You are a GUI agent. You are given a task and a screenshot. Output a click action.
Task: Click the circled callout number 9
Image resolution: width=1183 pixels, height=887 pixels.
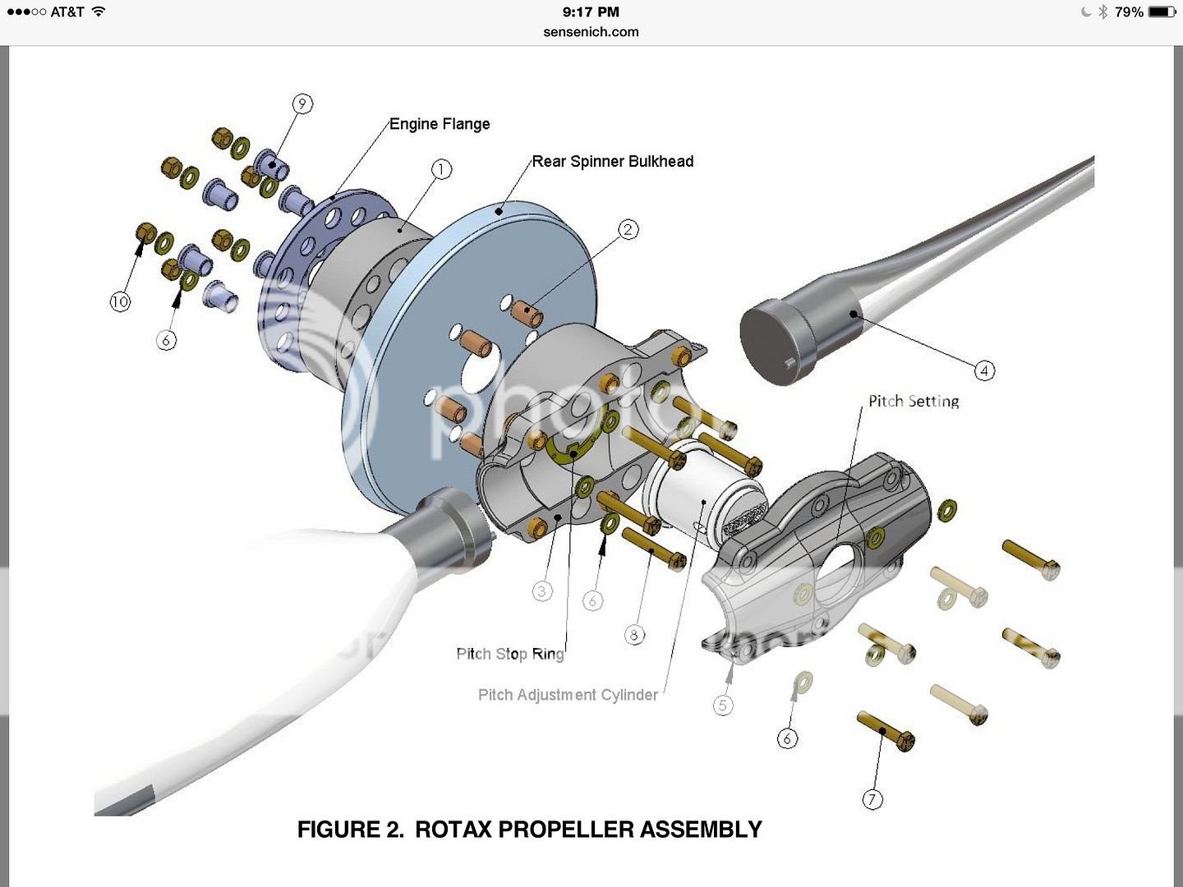(302, 103)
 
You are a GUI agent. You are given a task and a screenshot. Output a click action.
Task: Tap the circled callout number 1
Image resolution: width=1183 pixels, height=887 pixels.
(441, 169)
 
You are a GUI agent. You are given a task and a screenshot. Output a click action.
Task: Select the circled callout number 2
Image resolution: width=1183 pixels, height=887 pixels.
(628, 229)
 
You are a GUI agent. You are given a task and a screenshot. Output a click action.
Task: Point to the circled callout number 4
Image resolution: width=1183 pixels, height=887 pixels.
(984, 370)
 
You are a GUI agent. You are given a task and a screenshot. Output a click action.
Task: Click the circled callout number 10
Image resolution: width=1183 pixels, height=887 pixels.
(120, 301)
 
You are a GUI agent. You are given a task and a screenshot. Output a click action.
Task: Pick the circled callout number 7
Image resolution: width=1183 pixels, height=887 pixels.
(872, 799)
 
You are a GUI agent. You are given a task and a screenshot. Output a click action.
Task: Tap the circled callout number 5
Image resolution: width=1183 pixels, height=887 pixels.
(723, 705)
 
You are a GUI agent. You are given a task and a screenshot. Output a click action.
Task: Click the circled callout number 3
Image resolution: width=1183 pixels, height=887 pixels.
(541, 591)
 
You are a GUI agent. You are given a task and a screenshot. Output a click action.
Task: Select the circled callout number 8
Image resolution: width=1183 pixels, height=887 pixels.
(633, 635)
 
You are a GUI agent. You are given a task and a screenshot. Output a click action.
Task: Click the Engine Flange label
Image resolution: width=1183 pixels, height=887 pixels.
(440, 124)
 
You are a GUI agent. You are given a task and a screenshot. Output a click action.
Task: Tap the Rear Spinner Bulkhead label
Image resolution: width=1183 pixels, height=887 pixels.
(612, 162)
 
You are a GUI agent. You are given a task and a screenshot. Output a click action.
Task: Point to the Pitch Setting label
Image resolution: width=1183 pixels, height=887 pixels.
(914, 402)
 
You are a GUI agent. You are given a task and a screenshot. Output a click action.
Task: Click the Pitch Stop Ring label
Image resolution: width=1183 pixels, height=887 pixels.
(510, 654)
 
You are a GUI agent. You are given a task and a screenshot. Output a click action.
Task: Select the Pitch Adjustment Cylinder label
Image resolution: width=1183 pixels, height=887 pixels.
(568, 695)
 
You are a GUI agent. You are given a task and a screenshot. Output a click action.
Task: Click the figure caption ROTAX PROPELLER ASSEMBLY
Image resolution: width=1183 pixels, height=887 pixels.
(530, 830)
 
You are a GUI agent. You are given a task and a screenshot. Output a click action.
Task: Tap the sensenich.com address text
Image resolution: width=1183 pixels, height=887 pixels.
(591, 32)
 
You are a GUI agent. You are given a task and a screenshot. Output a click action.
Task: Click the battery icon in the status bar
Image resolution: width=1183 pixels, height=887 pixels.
(1162, 12)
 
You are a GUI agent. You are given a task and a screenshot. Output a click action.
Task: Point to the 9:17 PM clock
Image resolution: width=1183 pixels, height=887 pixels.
(591, 12)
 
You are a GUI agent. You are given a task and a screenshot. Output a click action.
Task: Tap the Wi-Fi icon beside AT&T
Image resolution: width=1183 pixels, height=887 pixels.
(99, 11)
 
